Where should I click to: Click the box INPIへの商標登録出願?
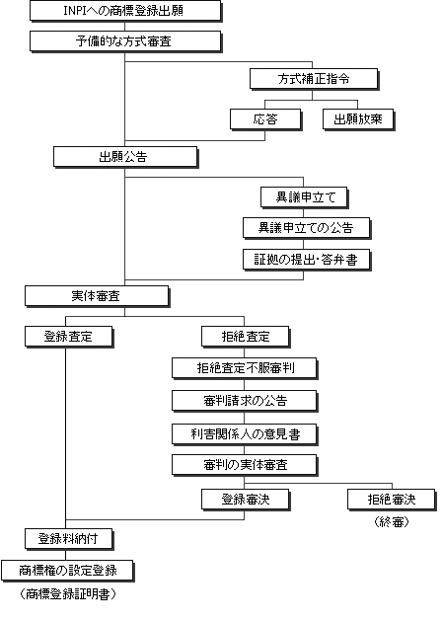(125, 11)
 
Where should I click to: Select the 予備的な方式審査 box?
(125, 41)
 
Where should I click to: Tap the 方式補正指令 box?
(314, 79)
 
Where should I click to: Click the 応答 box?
(266, 119)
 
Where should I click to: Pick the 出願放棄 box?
(359, 119)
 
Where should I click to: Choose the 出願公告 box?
(125, 157)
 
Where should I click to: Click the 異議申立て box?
(305, 197)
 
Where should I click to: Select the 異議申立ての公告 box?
(307, 228)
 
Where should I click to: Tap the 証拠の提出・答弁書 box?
(307, 260)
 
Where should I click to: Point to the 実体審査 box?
(97, 296)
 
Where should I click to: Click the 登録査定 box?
(69, 337)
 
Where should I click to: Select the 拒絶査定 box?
(246, 337)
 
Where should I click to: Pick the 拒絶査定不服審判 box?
(245, 368)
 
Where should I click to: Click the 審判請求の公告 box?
(245, 401)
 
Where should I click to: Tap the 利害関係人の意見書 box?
(245, 434)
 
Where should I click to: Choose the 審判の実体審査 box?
(245, 465)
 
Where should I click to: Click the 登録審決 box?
(246, 500)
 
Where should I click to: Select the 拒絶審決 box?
(392, 500)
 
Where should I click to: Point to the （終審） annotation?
(392, 522)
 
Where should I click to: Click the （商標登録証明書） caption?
(68, 594)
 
